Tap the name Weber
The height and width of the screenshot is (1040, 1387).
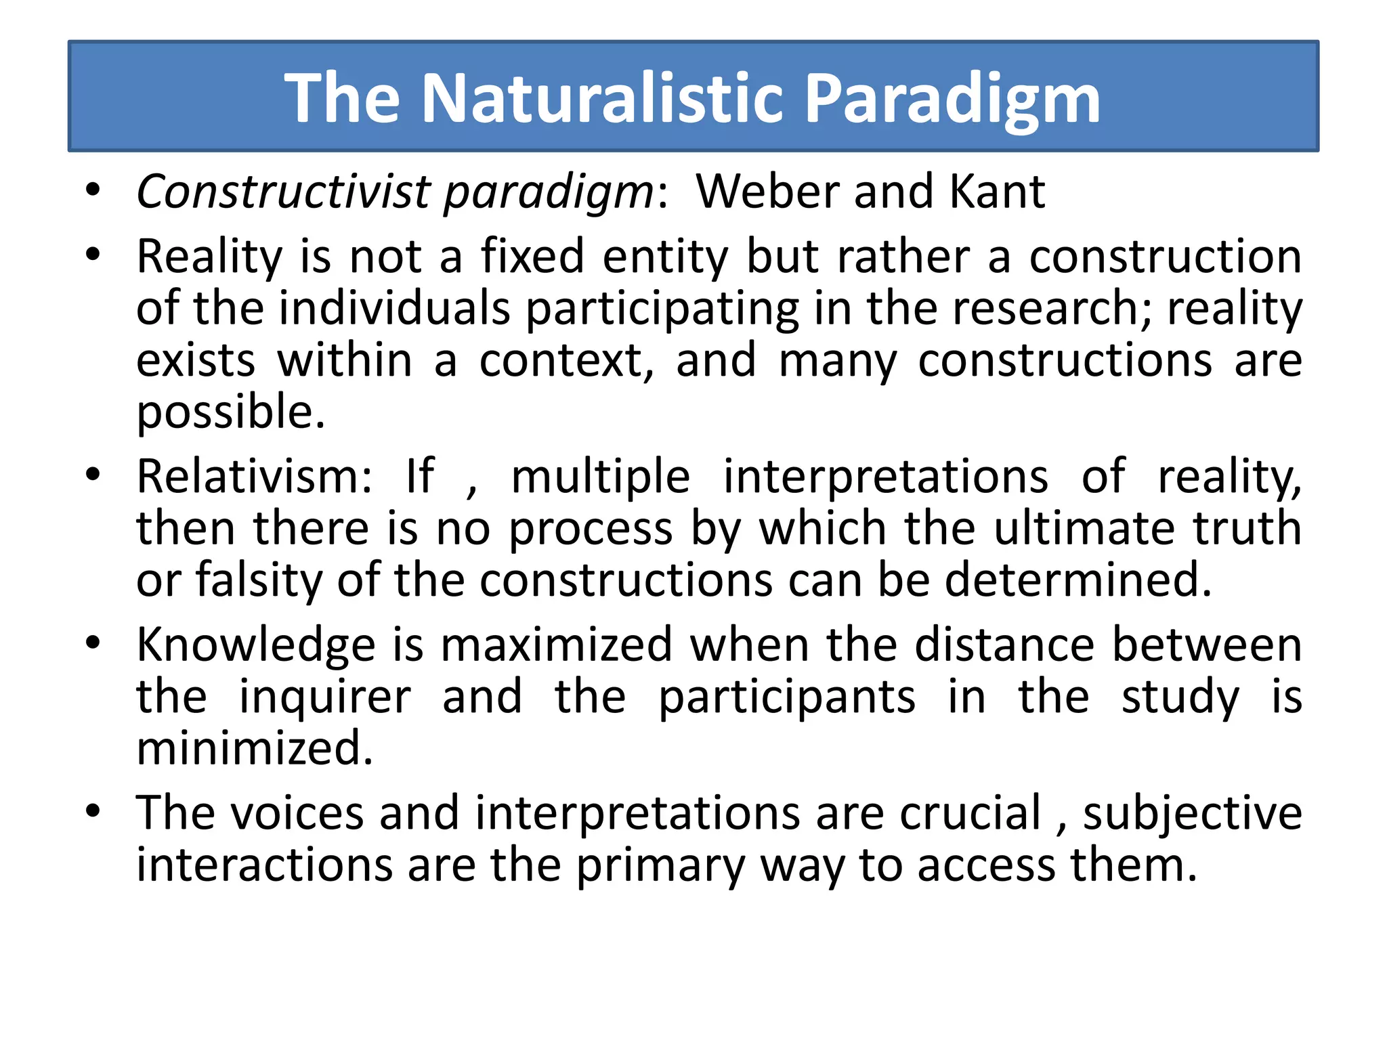click(768, 192)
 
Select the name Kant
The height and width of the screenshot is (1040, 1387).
click(997, 192)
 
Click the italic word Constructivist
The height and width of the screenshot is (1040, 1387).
click(283, 192)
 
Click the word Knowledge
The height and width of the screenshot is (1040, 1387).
click(255, 645)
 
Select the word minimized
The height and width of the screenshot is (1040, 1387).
click(255, 748)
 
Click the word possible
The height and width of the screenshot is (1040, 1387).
click(231, 413)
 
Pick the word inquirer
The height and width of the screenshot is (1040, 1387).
click(325, 697)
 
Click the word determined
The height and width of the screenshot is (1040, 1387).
click(1078, 580)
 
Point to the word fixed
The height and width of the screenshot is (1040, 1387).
click(532, 257)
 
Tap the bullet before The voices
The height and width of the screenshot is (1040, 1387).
click(93, 810)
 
